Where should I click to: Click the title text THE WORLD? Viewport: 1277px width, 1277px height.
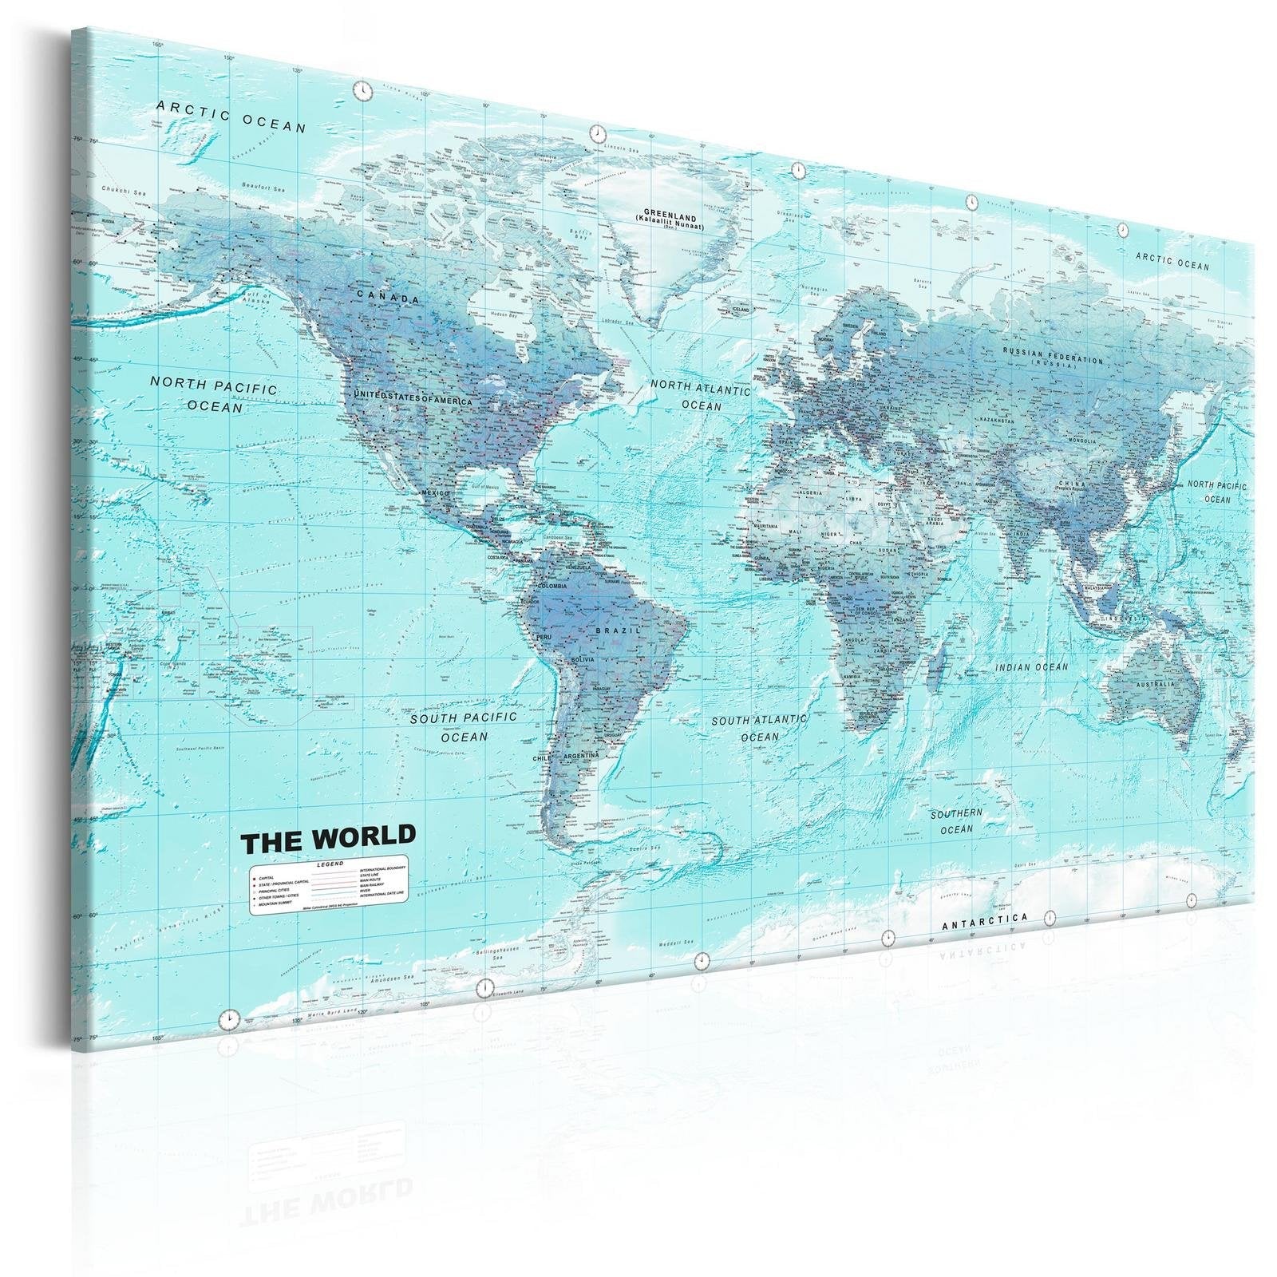(328, 837)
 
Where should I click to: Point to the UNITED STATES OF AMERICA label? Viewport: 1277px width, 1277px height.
(413, 397)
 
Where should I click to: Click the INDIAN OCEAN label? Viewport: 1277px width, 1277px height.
(1031, 666)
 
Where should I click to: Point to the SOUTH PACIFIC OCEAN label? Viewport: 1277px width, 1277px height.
(464, 726)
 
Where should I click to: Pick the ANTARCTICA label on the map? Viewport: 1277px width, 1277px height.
(985, 922)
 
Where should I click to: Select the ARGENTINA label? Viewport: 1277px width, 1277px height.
(581, 755)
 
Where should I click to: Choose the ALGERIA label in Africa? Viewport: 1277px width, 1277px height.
(809, 492)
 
